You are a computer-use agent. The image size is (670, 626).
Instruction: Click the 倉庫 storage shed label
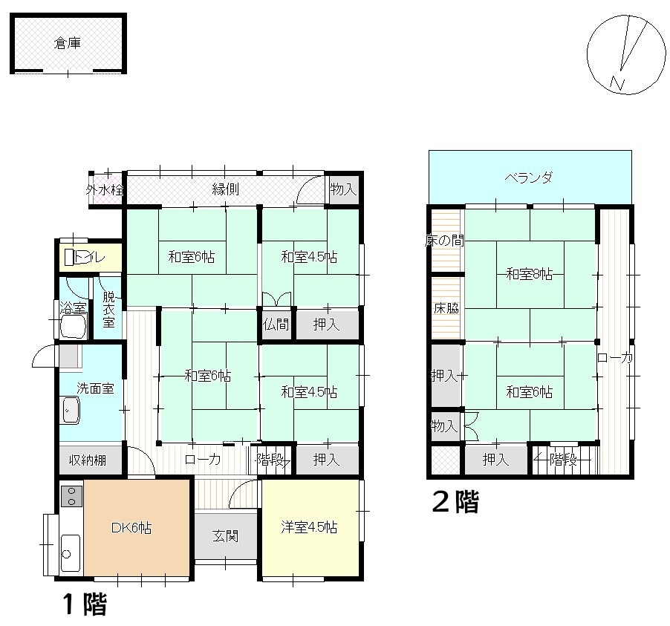pyautogui.click(x=68, y=43)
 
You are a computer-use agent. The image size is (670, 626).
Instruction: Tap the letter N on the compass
pyautogui.click(x=617, y=83)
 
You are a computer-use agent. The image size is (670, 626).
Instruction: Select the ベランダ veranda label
pyautogui.click(x=529, y=177)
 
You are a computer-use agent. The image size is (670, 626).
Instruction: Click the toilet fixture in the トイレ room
pyautogui.click(x=69, y=258)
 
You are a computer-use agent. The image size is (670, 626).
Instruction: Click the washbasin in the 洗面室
pyautogui.click(x=71, y=410)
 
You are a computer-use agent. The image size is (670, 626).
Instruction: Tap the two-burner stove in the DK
pyautogui.click(x=71, y=496)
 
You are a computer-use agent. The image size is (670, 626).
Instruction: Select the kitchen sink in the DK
pyautogui.click(x=70, y=552)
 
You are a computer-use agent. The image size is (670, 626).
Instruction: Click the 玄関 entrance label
pyautogui.click(x=225, y=536)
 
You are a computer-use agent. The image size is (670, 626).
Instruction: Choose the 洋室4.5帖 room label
pyautogui.click(x=309, y=527)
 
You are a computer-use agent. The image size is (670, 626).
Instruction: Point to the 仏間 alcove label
pyautogui.click(x=276, y=325)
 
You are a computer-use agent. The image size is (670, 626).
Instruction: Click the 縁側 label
pyautogui.click(x=226, y=189)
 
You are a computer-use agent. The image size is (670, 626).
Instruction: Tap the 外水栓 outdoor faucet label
pyautogui.click(x=105, y=189)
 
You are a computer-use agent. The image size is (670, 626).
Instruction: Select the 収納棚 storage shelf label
pyautogui.click(x=88, y=460)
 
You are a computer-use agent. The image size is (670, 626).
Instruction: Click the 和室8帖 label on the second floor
pyautogui.click(x=529, y=273)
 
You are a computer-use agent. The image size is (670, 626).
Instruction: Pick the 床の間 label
pyautogui.click(x=444, y=241)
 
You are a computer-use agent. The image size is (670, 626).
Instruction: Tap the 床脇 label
pyautogui.click(x=446, y=308)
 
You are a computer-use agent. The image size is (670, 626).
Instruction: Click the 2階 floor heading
pyautogui.click(x=455, y=501)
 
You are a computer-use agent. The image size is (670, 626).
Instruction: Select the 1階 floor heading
pyautogui.click(x=85, y=604)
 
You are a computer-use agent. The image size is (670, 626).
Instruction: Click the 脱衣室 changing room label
pyautogui.click(x=108, y=310)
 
